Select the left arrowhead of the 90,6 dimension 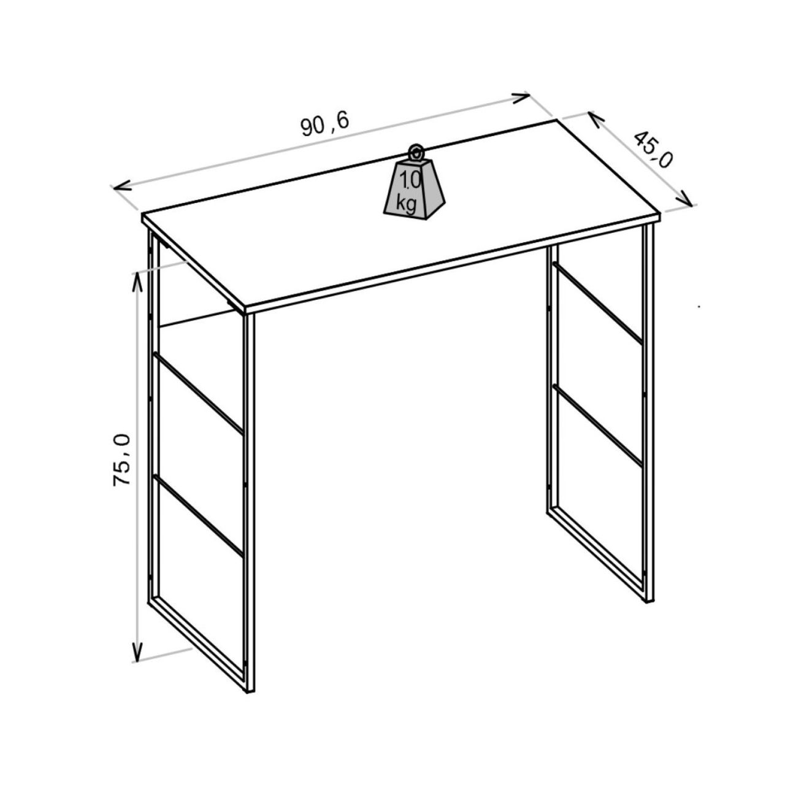click(x=122, y=186)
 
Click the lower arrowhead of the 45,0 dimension click(x=684, y=199)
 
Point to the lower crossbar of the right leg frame click(x=597, y=425)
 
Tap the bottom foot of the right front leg click(x=648, y=599)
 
